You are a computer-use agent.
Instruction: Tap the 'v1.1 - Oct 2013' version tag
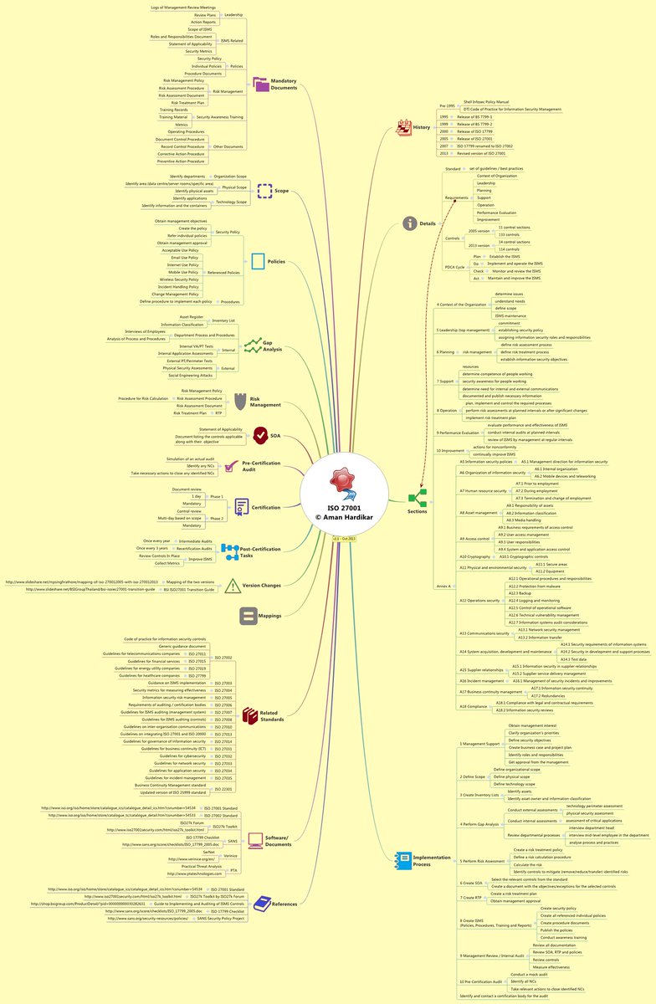coord(345,539)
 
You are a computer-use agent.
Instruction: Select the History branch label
coord(421,127)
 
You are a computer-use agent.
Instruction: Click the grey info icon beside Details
coord(409,223)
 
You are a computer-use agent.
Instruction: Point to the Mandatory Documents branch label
coord(284,84)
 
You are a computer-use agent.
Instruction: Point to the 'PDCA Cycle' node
coord(456,267)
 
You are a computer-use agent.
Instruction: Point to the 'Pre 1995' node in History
coord(448,106)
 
